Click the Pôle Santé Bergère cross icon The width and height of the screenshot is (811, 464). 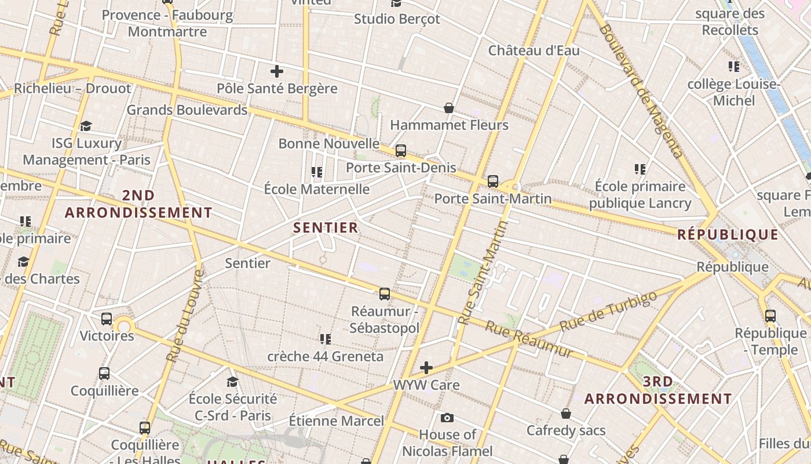277,71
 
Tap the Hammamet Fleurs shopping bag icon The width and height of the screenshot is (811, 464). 448,108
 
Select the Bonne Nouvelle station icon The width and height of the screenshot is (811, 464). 400,151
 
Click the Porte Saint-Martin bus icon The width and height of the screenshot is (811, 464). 492,181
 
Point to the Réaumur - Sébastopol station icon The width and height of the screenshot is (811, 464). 384,294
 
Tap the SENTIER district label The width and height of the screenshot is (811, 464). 326,227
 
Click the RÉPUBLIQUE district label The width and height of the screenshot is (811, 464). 728,234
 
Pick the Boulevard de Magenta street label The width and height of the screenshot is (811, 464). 641,91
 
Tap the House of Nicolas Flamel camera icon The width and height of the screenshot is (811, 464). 447,418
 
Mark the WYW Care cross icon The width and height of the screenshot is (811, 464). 426,367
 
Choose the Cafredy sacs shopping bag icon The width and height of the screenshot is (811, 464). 566,414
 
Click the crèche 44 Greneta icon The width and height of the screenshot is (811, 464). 325,339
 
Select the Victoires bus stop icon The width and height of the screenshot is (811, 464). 106,318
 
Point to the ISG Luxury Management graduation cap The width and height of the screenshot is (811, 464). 86,126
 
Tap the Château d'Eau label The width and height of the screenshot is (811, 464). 534,50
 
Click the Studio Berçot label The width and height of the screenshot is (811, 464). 397,19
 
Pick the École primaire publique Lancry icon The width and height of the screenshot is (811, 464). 640,169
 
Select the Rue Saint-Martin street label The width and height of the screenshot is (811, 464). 482,273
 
